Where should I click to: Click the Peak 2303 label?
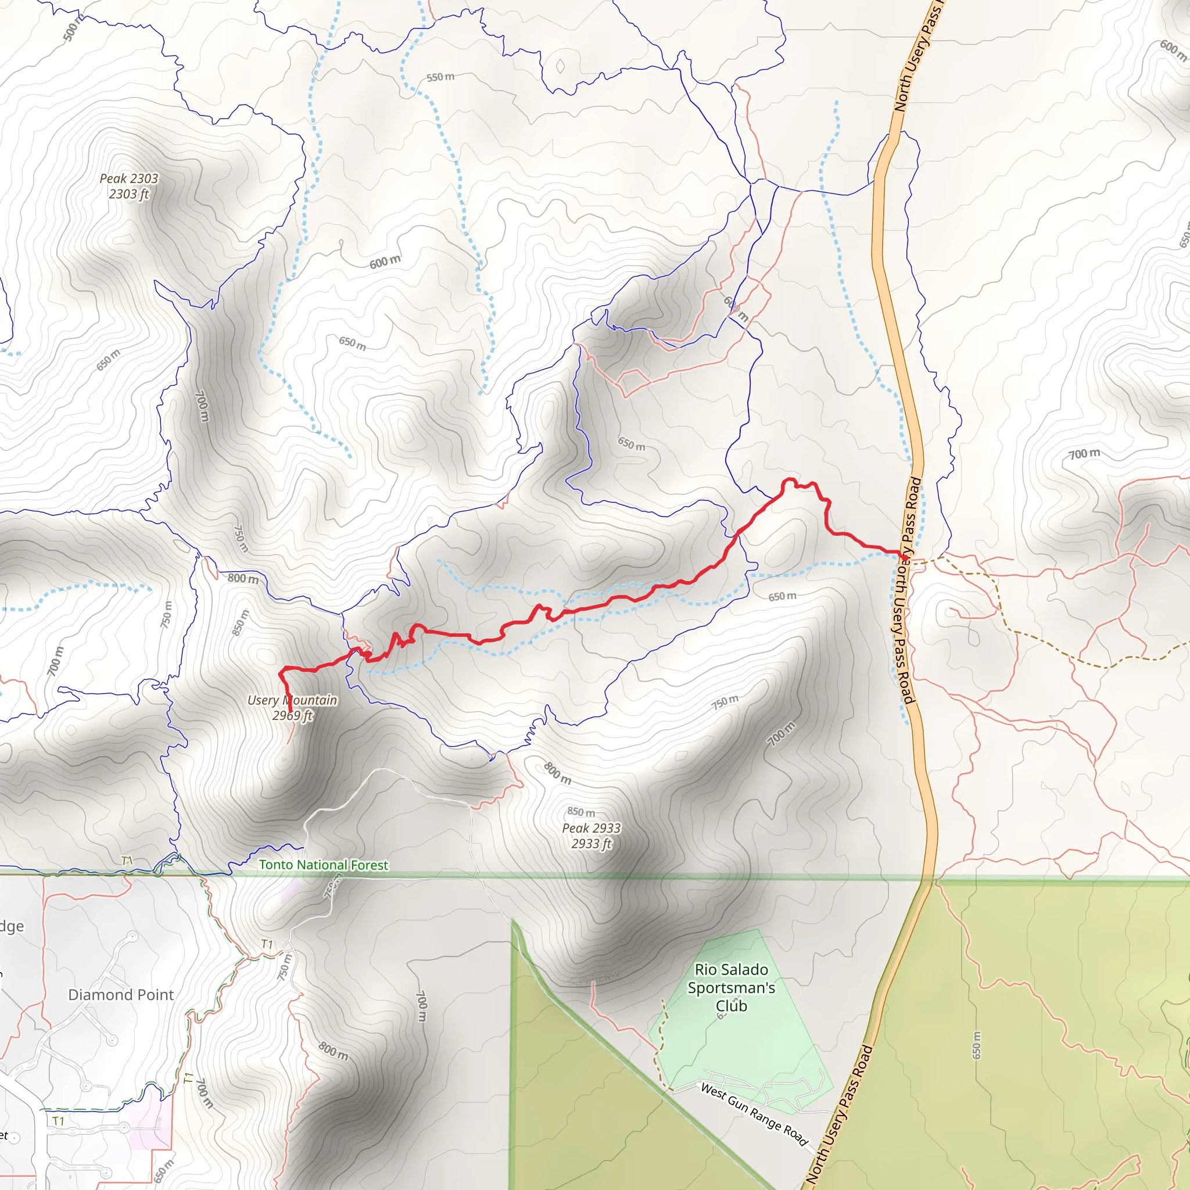[x=129, y=186]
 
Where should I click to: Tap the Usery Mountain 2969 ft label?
[x=292, y=707]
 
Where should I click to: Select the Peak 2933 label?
[x=592, y=835]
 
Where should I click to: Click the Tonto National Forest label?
[x=324, y=865]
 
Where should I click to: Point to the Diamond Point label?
[x=121, y=994]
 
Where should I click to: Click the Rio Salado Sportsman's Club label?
[x=731, y=987]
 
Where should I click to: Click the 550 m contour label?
[x=440, y=78]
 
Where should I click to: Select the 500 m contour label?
[x=73, y=28]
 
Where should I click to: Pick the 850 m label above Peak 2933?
[x=581, y=812]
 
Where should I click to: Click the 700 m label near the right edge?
[x=1084, y=454]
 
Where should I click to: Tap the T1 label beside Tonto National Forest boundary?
[x=127, y=861]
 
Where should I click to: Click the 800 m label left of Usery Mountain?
[x=243, y=578]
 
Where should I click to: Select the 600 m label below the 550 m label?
[x=385, y=262]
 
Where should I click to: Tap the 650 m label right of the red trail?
[x=782, y=596]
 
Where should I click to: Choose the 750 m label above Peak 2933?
[x=725, y=701]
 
